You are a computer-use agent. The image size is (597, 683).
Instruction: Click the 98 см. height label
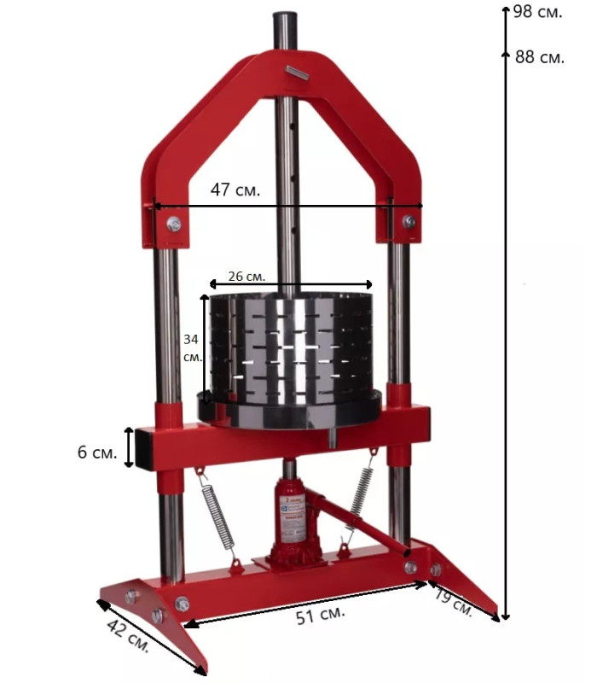pos(538,12)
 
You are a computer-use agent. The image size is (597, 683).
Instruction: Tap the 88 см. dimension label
pos(540,57)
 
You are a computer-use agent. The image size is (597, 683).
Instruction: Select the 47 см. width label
pos(235,190)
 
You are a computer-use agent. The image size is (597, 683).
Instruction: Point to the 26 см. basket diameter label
pos(246,276)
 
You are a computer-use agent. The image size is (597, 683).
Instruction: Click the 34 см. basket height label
pos(193,347)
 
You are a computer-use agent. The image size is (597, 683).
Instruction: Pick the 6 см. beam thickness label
pos(97,452)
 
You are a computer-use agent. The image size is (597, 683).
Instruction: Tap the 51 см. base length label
pos(321,615)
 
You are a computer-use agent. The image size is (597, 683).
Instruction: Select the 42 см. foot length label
pos(128,635)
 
